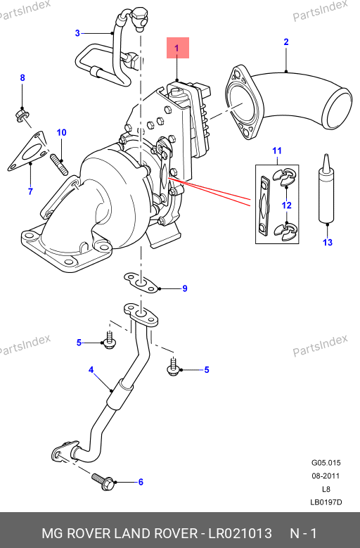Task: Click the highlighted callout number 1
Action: pyautogui.click(x=176, y=48)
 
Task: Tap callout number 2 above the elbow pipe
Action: pyautogui.click(x=286, y=42)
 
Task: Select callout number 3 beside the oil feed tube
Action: pyautogui.click(x=77, y=33)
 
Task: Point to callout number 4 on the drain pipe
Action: pyautogui.click(x=91, y=370)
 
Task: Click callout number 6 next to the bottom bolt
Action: pyautogui.click(x=141, y=482)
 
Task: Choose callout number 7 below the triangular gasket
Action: pyautogui.click(x=30, y=191)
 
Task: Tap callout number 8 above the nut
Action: pyautogui.click(x=22, y=77)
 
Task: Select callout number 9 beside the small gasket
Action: pyautogui.click(x=185, y=288)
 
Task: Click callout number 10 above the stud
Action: pyautogui.click(x=61, y=132)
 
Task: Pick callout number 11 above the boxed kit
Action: pyautogui.click(x=277, y=151)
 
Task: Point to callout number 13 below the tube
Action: pyautogui.click(x=328, y=242)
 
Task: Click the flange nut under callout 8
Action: pyautogui.click(x=22, y=115)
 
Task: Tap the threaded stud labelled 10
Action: pyautogui.click(x=60, y=165)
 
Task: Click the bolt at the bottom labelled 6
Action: pyautogui.click(x=103, y=482)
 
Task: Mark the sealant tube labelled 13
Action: pyautogui.click(x=326, y=191)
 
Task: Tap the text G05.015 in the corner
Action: pyautogui.click(x=326, y=463)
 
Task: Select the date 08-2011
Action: pyautogui.click(x=326, y=476)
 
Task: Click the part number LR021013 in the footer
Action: pyautogui.click(x=240, y=533)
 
